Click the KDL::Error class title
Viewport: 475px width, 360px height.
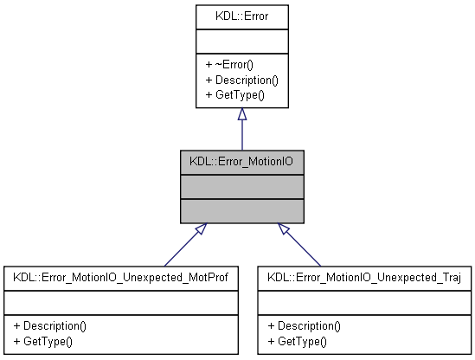(241, 16)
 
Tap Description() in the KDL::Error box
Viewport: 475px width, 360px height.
(241, 79)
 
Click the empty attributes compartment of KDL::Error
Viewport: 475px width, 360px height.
(241, 42)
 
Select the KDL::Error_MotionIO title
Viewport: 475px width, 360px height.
(241, 160)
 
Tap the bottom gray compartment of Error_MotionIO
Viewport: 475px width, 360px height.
(241, 210)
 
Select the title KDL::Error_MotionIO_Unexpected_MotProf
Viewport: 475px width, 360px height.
(120, 278)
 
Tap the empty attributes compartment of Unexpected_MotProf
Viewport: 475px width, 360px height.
(120, 302)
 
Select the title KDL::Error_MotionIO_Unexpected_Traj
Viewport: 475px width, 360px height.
(364, 278)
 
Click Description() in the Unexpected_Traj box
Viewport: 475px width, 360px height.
(305, 326)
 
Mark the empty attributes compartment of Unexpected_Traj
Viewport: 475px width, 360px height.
(364, 302)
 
